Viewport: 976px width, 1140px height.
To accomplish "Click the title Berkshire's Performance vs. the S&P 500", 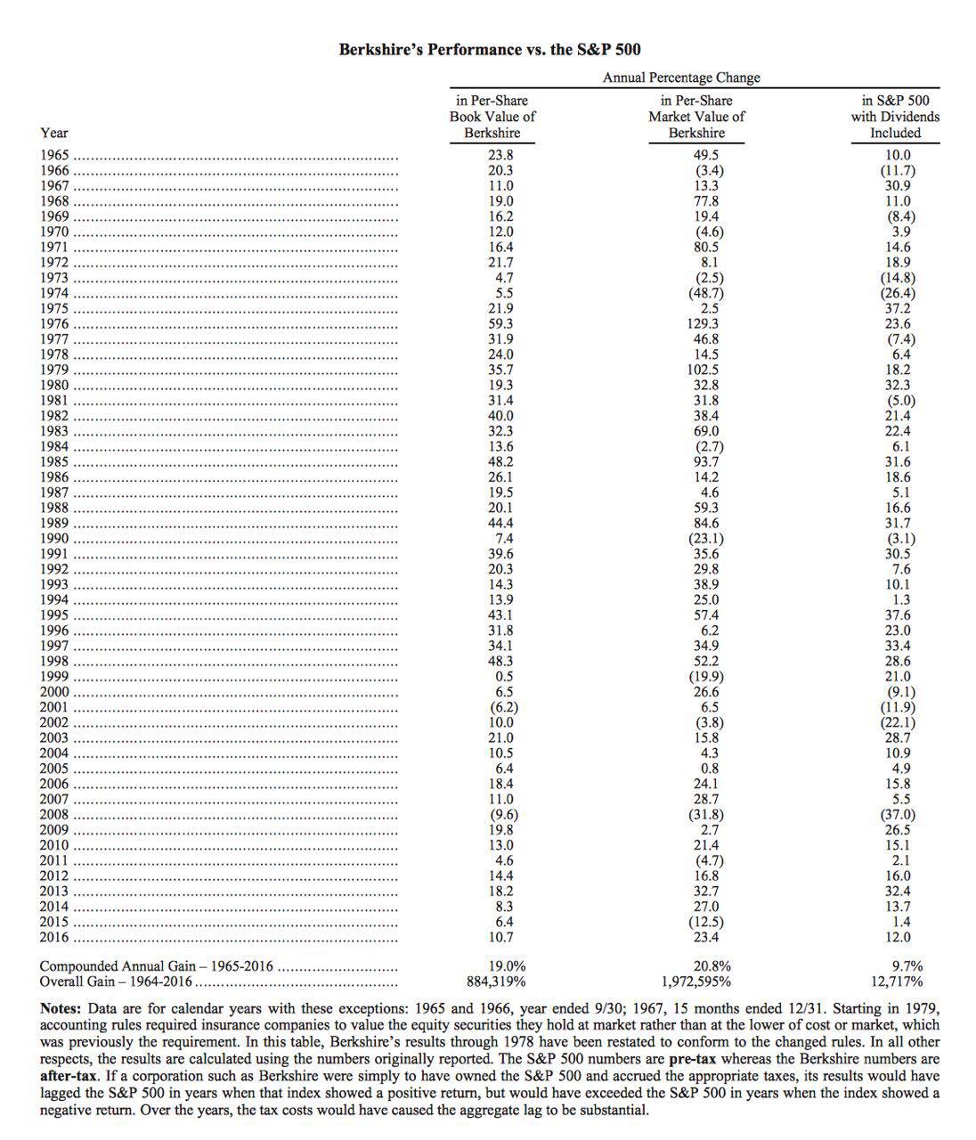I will tap(489, 50).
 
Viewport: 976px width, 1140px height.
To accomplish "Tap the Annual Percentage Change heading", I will tap(681, 77).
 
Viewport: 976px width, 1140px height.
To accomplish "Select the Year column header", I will tap(53, 133).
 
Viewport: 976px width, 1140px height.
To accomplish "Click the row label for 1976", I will tap(53, 323).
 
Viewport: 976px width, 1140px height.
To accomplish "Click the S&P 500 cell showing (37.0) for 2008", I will tap(896, 814).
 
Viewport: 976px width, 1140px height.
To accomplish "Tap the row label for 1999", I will tap(53, 676).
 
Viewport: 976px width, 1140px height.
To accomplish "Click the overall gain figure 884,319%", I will tap(496, 981).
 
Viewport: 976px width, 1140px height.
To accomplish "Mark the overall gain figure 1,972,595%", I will tap(696, 981).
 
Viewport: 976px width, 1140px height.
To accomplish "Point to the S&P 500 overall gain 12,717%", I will tap(897, 981).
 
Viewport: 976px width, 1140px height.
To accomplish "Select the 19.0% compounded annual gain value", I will tap(507, 966).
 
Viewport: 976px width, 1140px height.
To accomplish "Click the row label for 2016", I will tap(53, 937).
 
